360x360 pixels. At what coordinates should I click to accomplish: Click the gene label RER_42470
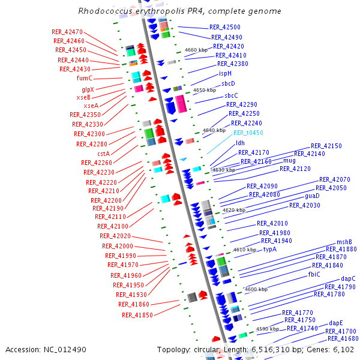[67, 32]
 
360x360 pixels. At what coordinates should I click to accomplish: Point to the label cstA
[103, 154]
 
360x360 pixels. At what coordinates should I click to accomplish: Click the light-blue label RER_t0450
[248, 133]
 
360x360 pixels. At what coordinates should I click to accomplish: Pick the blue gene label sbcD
[228, 83]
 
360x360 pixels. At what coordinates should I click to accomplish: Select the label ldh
[240, 143]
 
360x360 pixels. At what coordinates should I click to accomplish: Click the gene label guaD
[312, 196]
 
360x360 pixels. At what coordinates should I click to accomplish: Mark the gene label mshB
[344, 242]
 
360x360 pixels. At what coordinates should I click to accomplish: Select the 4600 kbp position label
[256, 289]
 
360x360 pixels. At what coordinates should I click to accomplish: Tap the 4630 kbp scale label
[224, 170]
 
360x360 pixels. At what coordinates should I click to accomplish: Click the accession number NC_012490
[67, 349]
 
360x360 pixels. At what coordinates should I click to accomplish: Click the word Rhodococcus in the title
[103, 11]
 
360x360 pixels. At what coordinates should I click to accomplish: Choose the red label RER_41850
[137, 314]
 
